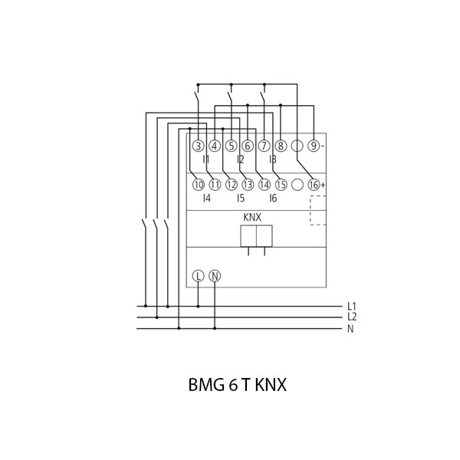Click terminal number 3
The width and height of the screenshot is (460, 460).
[198, 146]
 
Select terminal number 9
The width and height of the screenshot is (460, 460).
[314, 146]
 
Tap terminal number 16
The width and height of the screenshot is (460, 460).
[314, 185]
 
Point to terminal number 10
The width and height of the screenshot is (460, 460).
[198, 185]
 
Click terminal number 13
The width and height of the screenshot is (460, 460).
[248, 185]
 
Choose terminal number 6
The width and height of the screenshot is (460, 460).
[248, 146]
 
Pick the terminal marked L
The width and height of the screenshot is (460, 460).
[198, 275]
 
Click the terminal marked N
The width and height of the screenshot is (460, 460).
[215, 275]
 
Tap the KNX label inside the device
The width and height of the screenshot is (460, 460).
[253, 218]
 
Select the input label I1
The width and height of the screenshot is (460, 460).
[206, 159]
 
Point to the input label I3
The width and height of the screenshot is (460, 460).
[272, 159]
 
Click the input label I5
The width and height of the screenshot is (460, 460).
[240, 198]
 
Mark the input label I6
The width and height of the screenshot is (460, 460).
[272, 198]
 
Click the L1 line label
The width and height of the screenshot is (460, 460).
[351, 307]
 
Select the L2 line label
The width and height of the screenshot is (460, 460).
[351, 316]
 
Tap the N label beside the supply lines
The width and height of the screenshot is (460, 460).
[350, 330]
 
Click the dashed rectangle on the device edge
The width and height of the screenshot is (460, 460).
[318, 210]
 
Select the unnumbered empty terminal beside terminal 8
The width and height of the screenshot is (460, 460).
[297, 146]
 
